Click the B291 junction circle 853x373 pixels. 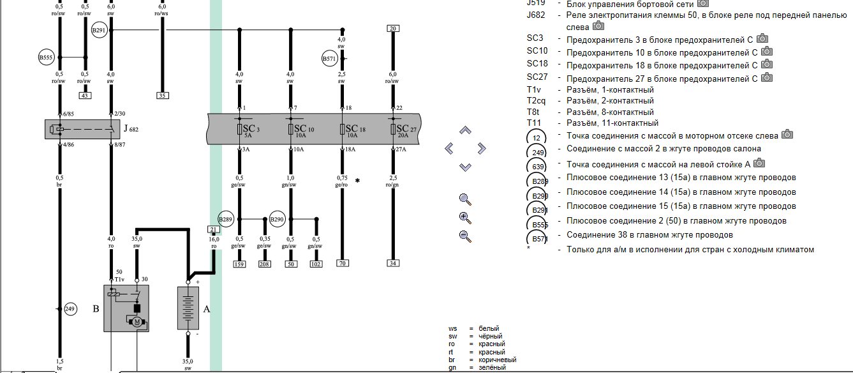click(100, 30)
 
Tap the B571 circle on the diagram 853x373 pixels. click(329, 59)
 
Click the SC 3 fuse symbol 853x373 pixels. click(239, 130)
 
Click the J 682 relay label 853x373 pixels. click(131, 130)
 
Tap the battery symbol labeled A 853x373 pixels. click(188, 308)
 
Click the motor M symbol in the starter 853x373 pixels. click(137, 322)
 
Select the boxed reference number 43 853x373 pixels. click(84, 96)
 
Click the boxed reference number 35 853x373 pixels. click(162, 96)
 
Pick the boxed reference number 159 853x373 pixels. click(239, 263)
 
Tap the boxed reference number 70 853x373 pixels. click(343, 263)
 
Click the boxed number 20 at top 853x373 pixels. click(393, 29)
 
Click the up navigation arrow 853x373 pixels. click(466, 130)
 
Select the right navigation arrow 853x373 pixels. click(482, 149)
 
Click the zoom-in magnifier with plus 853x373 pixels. click(465, 217)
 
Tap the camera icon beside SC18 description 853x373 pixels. click(767, 65)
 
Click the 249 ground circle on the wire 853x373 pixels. click(70, 309)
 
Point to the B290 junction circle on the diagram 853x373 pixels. click(277, 219)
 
